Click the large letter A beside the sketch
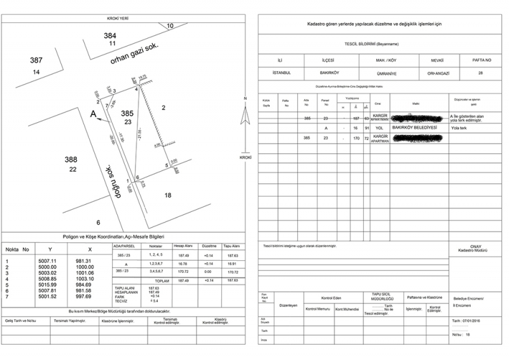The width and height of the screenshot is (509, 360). click(93, 114)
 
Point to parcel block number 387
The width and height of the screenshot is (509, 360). click(36, 60)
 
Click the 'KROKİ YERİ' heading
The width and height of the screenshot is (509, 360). click(119, 18)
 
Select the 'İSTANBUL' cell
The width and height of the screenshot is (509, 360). click(281, 73)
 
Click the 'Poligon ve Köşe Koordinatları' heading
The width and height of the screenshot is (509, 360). click(122, 235)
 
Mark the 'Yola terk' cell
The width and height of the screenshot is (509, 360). click(459, 127)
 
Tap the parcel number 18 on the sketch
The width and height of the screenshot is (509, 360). click(167, 195)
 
